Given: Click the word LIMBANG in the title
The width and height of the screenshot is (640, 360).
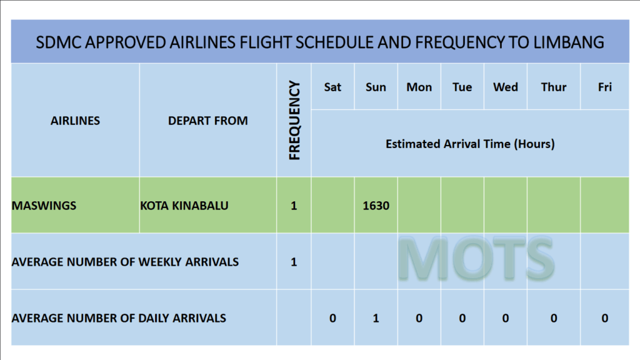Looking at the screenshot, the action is point(569,42).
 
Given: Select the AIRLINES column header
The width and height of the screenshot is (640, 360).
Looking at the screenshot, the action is point(75,121).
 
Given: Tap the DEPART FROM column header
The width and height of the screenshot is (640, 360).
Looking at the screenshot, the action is point(207,121).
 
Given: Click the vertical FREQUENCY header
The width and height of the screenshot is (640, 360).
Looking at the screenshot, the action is point(294,120).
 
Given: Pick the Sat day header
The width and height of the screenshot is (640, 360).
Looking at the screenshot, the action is point(332,87).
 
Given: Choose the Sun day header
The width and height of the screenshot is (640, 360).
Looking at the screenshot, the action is point(376,87).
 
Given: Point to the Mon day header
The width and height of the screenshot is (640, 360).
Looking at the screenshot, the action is point(419,87).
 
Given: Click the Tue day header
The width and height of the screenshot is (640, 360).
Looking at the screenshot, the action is point(462,87).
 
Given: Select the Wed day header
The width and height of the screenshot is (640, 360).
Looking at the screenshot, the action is point(505,87).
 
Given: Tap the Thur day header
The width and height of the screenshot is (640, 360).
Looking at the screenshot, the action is point(554,87).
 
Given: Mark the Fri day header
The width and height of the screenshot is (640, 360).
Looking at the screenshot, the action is point(605,87).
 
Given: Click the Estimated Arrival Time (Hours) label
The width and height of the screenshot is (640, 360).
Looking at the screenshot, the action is point(470,144).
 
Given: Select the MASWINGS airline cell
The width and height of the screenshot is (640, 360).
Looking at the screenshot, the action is point(44,205).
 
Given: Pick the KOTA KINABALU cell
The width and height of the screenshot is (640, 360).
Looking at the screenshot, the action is point(184,205).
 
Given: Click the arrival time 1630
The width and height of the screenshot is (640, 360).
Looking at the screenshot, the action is point(376,205).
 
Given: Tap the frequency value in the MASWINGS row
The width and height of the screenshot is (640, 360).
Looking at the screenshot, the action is point(294,205).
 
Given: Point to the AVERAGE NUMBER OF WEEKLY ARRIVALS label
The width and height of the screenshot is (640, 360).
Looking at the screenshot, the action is point(125,262).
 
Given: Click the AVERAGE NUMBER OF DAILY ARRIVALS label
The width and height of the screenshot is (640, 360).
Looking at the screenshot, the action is point(119,318).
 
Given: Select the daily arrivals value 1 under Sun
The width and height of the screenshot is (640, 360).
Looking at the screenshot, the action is point(376,318).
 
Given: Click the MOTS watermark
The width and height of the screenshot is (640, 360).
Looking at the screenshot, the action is point(476,259).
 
